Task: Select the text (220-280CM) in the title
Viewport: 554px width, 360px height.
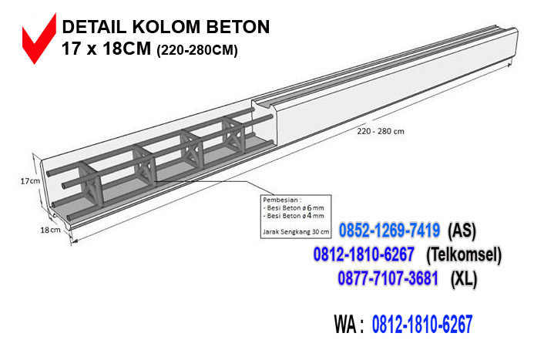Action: pyautogui.click(x=197, y=51)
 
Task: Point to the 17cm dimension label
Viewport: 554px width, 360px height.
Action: pyautogui.click(x=29, y=180)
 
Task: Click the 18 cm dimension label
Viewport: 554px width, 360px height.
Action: pyautogui.click(x=49, y=230)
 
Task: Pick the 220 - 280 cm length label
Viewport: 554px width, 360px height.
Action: pyautogui.click(x=381, y=131)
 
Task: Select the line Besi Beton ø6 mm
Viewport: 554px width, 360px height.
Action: pyautogui.click(x=295, y=208)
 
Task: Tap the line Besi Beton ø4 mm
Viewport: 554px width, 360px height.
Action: pyautogui.click(x=295, y=217)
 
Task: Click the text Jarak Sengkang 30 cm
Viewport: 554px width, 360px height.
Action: pyautogui.click(x=296, y=230)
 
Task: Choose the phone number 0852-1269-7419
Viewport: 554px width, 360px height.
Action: pyautogui.click(x=389, y=230)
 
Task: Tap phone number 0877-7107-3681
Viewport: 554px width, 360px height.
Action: pyautogui.click(x=388, y=278)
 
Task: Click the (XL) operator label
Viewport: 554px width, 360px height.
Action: pyautogui.click(x=464, y=278)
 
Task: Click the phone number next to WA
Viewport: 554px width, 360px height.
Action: pyautogui.click(x=422, y=325)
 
